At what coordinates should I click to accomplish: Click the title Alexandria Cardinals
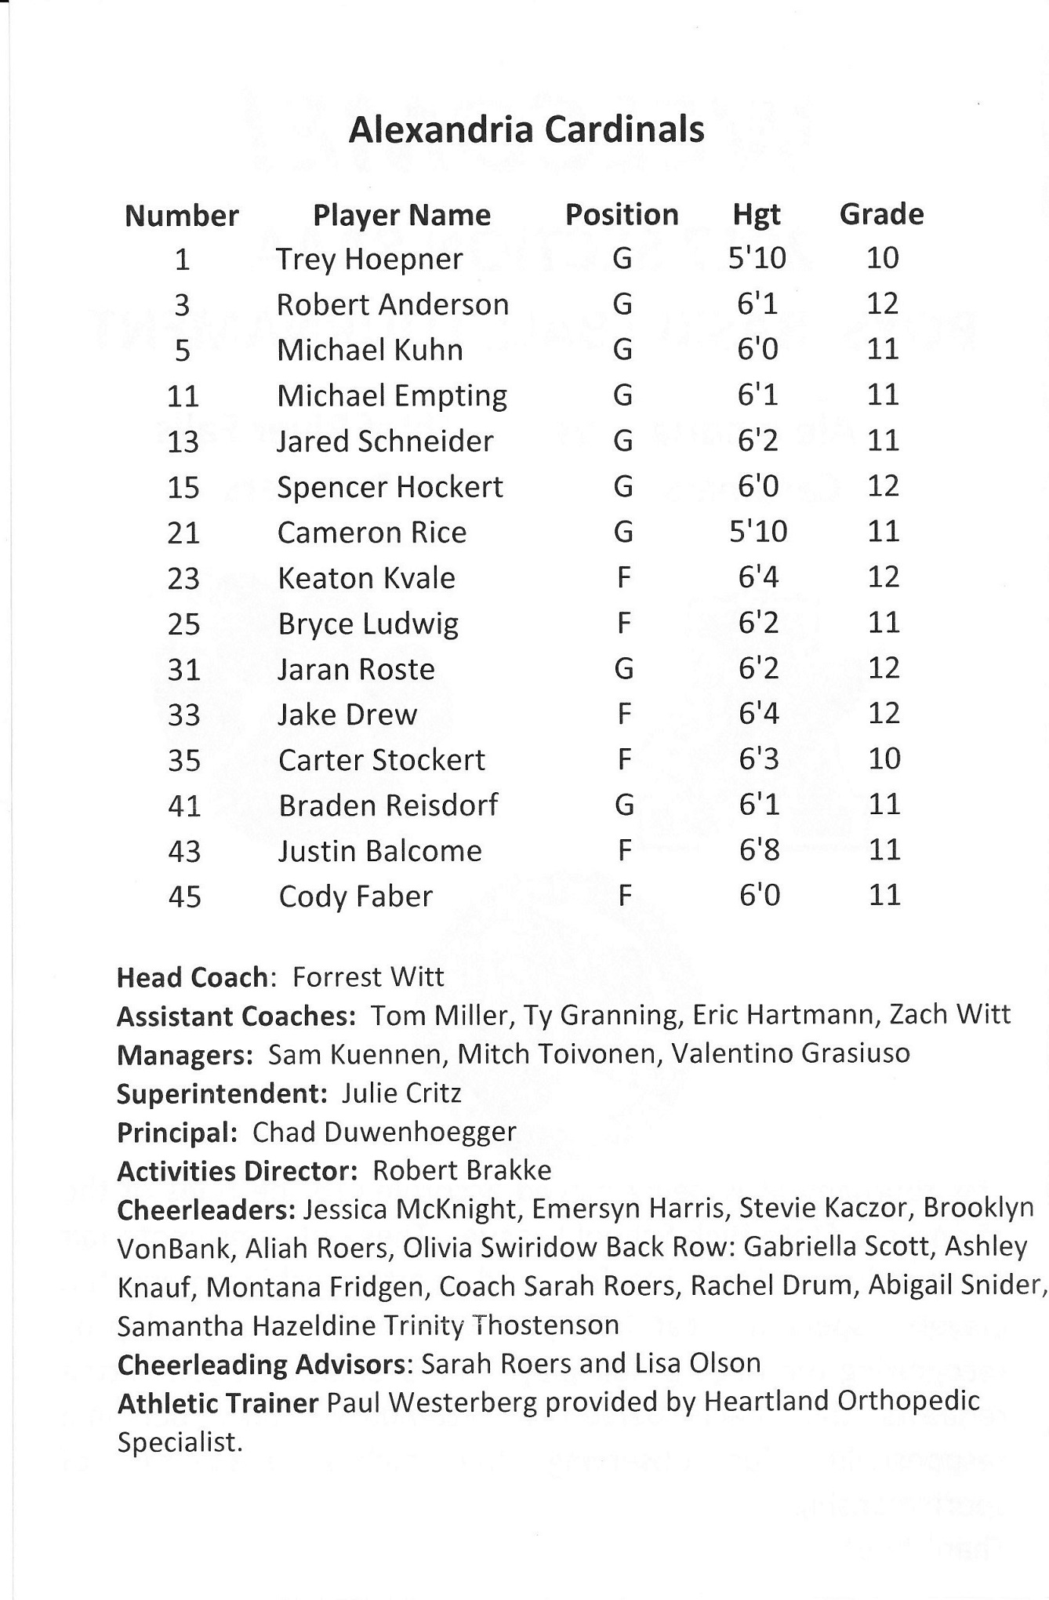526,130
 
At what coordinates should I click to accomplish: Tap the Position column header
622,215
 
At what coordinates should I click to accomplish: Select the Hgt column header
757,215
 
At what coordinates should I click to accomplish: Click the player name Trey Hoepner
369,260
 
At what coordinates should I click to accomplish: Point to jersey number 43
184,852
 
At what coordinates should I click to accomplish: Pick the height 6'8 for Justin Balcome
759,850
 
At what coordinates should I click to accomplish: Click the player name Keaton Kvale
366,579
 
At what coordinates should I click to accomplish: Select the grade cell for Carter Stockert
884,759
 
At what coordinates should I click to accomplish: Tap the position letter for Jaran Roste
624,669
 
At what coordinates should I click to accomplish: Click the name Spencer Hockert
390,488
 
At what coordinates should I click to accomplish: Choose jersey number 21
183,533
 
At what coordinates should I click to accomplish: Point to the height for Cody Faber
759,896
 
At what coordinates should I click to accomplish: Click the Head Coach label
194,978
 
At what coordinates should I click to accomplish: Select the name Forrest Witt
368,977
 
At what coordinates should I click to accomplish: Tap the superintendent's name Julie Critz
401,1093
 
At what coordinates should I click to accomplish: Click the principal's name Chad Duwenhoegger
384,1133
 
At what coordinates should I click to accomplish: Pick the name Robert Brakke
462,1171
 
